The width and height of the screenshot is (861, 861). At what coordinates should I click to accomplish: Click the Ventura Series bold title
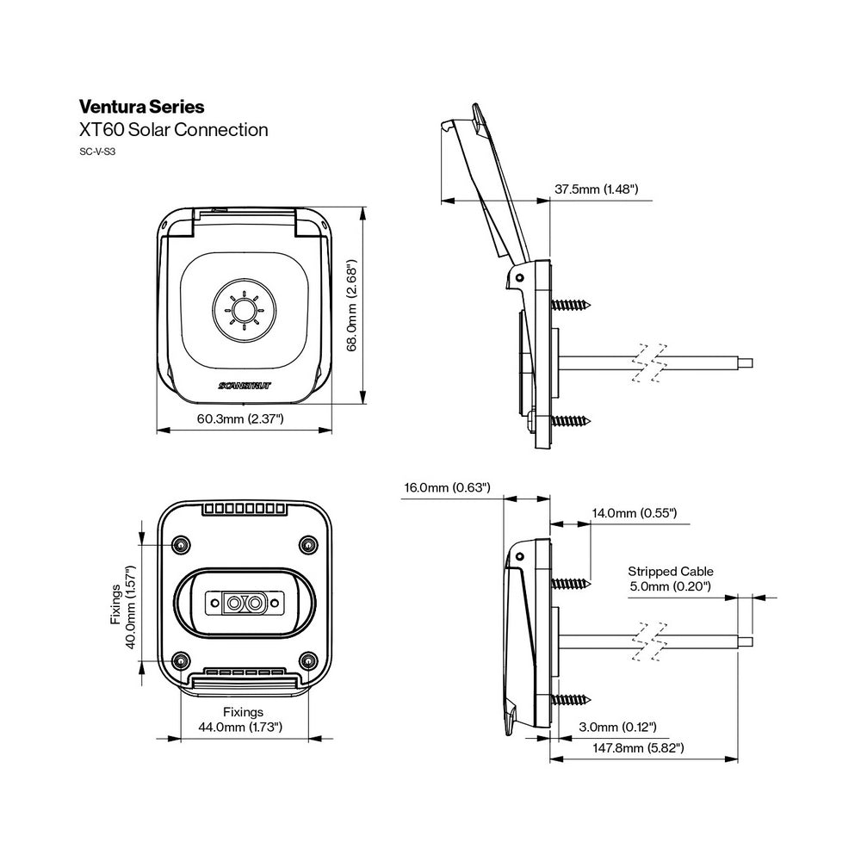(x=141, y=108)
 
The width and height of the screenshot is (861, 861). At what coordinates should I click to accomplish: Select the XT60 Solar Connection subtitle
(x=173, y=130)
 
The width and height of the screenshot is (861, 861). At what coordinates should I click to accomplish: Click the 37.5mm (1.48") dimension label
(x=596, y=189)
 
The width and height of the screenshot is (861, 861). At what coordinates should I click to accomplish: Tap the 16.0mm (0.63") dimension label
(x=447, y=488)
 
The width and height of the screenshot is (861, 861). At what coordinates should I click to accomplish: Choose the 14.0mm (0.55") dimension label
(x=635, y=513)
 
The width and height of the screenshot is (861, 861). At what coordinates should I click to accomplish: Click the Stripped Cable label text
(x=671, y=571)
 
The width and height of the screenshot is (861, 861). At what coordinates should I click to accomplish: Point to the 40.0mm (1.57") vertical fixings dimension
(x=133, y=608)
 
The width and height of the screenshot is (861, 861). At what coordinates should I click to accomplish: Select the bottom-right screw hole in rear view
(x=308, y=660)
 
